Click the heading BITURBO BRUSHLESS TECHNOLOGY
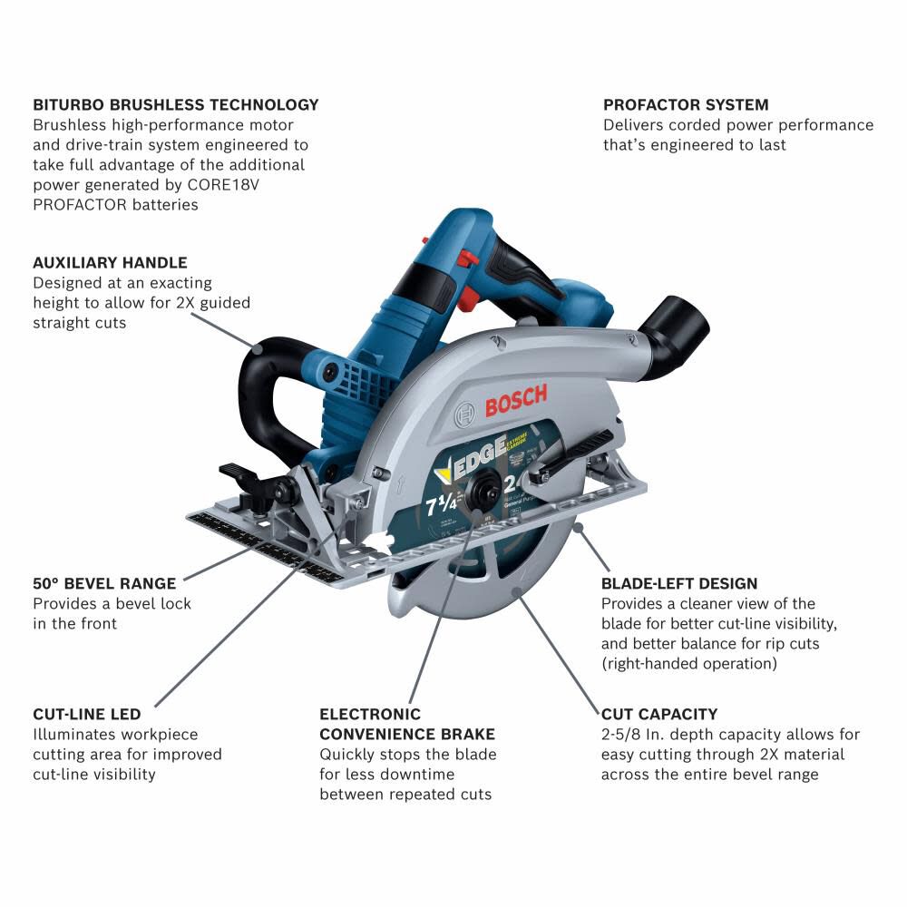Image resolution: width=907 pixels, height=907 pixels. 176,104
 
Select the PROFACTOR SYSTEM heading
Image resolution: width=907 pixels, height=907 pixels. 686,104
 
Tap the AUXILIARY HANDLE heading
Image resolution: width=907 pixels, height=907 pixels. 110,263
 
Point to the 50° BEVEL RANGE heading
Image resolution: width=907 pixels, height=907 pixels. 104,583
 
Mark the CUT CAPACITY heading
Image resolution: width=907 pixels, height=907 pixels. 658,714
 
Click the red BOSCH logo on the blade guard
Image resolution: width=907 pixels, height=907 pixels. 515,400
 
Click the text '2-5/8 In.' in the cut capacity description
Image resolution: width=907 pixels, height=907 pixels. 633,735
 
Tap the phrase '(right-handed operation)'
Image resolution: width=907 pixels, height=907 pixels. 689,663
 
